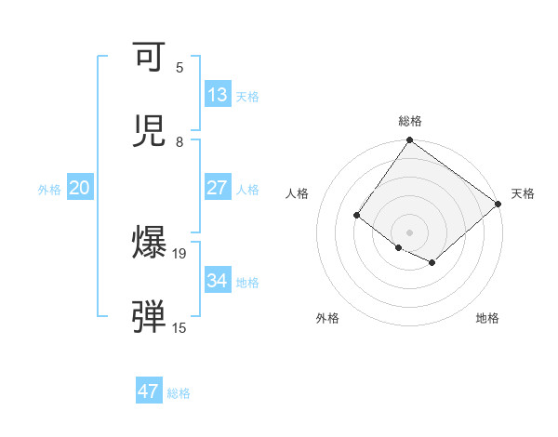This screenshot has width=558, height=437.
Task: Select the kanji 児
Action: click(149, 131)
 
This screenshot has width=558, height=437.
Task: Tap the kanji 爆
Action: click(149, 244)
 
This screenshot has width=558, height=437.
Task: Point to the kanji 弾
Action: click(149, 318)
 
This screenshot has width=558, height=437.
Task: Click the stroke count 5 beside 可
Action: click(179, 68)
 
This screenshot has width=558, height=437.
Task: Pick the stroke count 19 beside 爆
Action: click(179, 253)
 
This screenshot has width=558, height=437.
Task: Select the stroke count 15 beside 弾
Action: click(179, 327)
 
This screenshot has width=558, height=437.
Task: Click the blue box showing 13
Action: click(218, 95)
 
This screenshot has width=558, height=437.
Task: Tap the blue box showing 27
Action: click(218, 188)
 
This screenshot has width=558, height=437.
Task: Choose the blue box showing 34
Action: click(218, 281)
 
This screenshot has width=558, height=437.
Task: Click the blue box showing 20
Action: click(80, 188)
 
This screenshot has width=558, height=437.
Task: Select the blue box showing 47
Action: click(149, 391)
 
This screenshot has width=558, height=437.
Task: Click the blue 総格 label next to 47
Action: click(179, 393)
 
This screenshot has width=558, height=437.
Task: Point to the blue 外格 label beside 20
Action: click(49, 190)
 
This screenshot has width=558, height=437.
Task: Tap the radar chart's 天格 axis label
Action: click(523, 193)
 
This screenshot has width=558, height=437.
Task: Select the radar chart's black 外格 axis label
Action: click(327, 318)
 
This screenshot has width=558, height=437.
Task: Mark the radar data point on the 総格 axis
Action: click(409, 141)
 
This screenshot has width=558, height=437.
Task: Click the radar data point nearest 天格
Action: click(498, 205)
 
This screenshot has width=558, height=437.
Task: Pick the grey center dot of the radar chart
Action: click(409, 232)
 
